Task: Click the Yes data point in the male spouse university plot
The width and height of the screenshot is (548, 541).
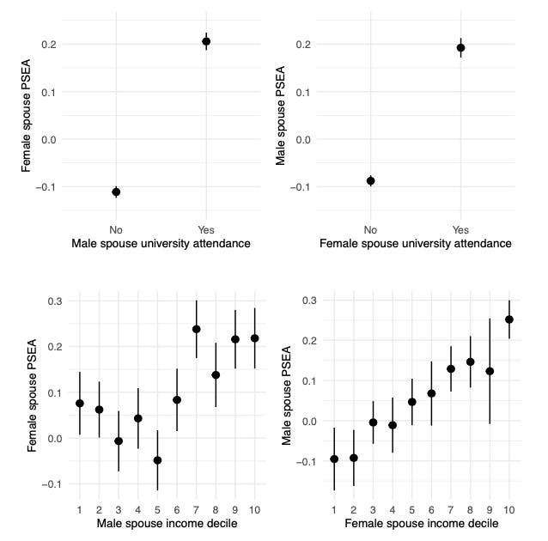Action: (x=206, y=41)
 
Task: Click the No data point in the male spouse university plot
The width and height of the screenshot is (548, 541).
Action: (x=116, y=191)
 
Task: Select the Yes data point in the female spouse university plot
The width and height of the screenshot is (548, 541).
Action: (x=460, y=48)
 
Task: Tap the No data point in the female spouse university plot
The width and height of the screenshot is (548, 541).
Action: (x=370, y=180)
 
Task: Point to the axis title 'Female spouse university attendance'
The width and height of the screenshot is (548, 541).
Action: (x=415, y=244)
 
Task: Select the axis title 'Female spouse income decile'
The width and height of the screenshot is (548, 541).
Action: (x=421, y=523)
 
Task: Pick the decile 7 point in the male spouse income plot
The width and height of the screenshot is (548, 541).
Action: (x=197, y=329)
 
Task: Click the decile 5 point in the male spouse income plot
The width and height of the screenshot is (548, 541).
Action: (x=157, y=460)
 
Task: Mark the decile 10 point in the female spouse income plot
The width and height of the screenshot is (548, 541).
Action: (x=509, y=319)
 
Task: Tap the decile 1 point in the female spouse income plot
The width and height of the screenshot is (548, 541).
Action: (x=334, y=459)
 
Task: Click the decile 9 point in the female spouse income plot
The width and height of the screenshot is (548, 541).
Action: (x=490, y=371)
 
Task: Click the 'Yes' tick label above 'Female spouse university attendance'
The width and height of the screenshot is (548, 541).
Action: (x=460, y=229)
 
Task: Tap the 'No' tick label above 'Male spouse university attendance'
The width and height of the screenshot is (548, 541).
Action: (x=116, y=229)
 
